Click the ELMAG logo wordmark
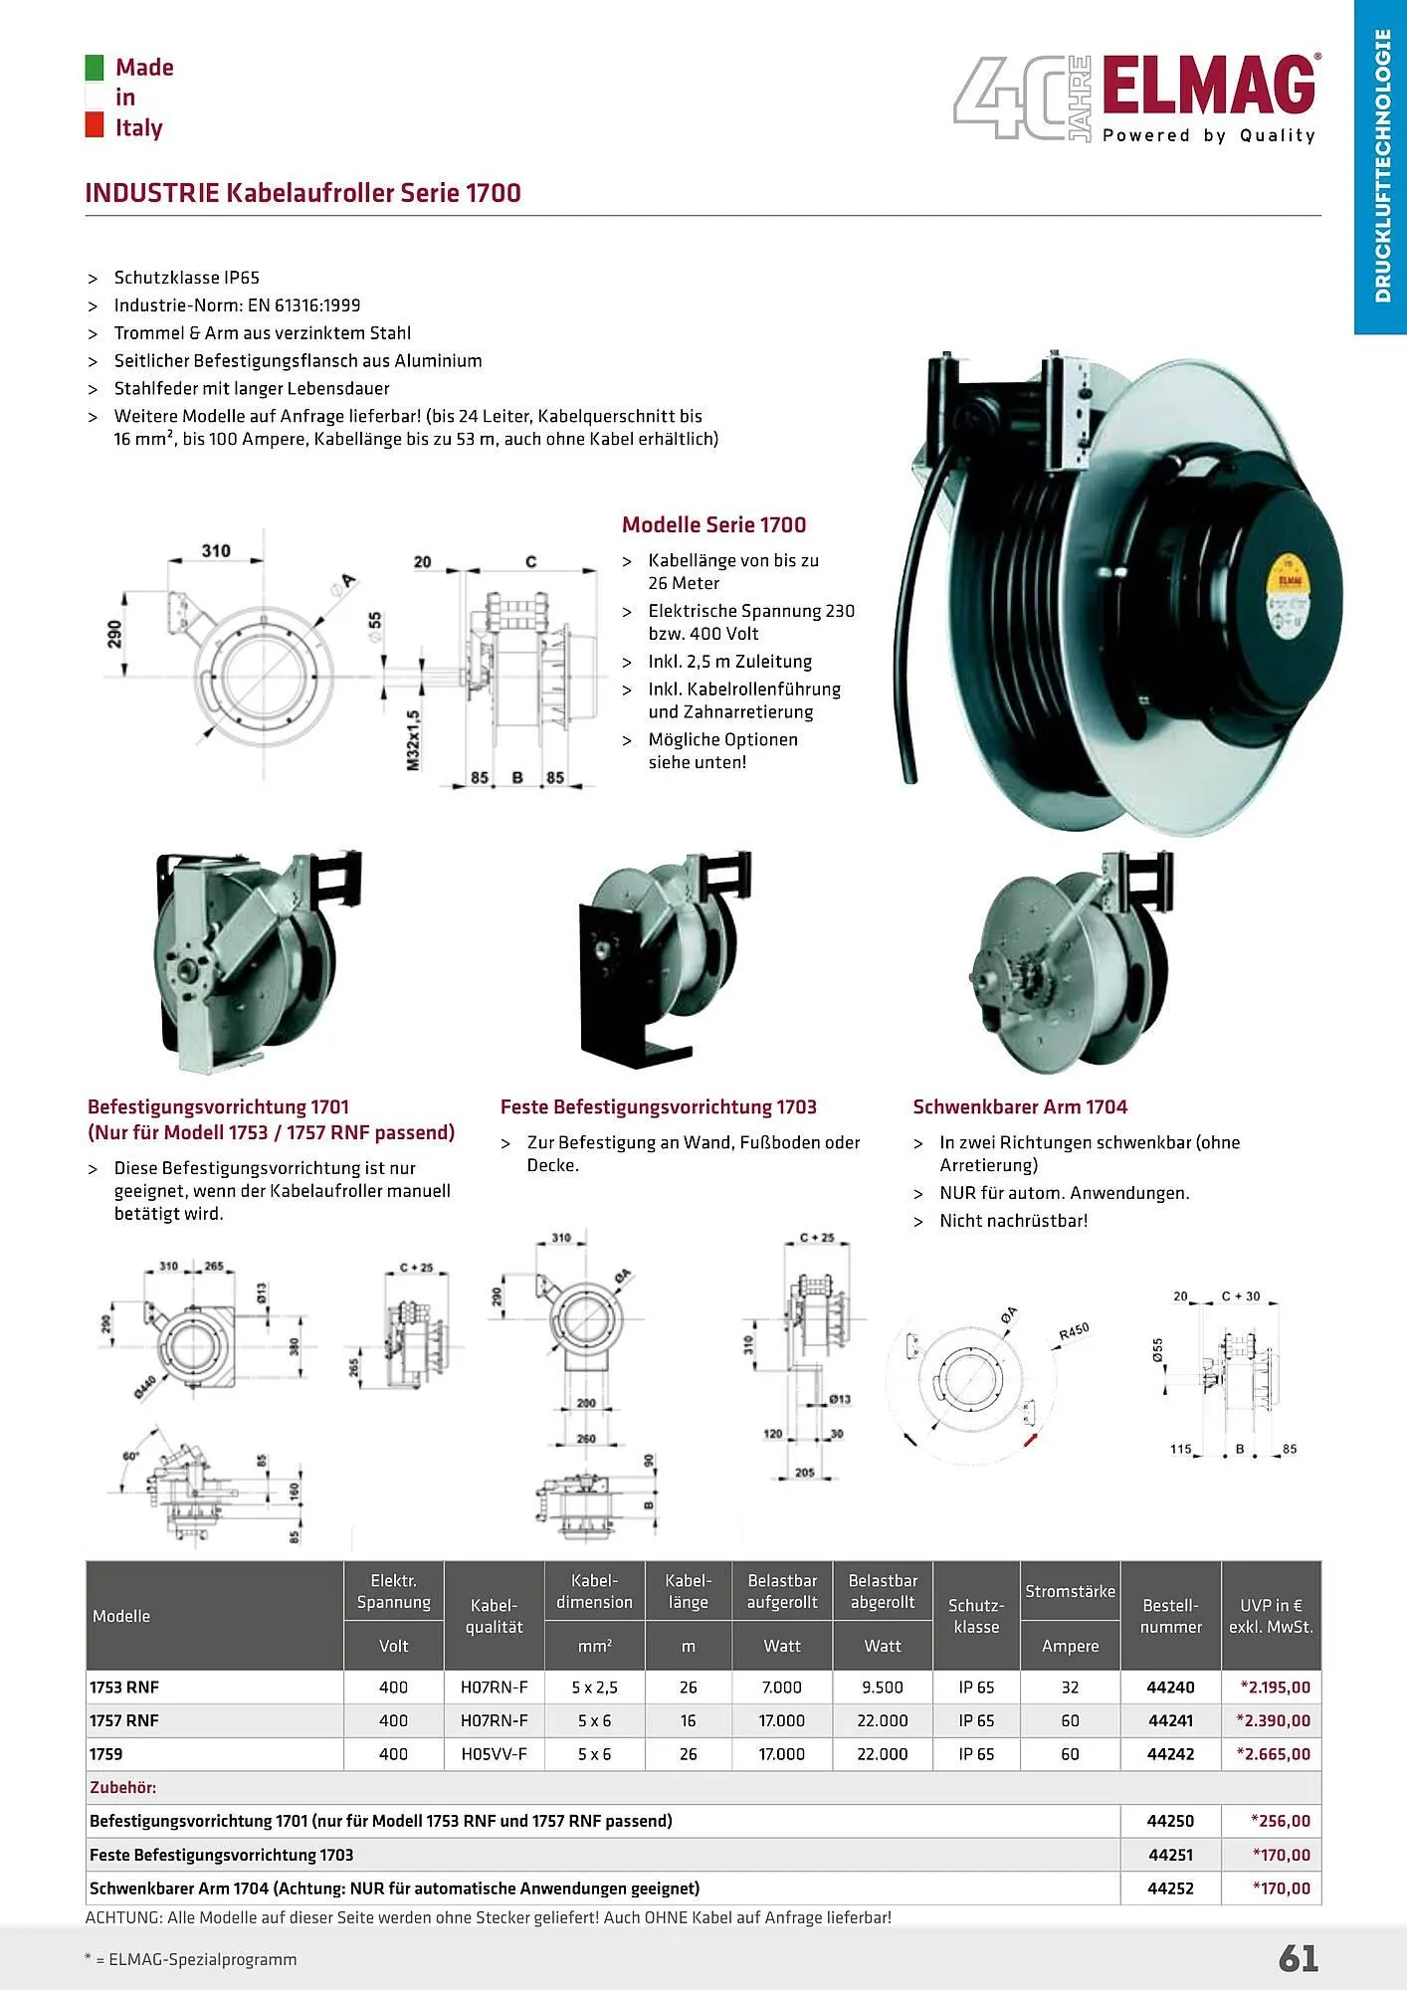click(1208, 87)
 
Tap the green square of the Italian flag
click(95, 67)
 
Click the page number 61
click(1298, 1958)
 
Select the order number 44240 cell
click(1170, 1687)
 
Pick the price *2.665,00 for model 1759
click(1275, 1753)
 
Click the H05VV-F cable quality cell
click(494, 1753)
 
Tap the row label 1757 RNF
click(124, 1720)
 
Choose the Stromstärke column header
click(1070, 1591)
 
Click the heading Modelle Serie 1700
click(713, 524)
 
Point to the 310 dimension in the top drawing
click(216, 550)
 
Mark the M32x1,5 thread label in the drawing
click(413, 739)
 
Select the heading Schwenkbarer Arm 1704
click(1020, 1106)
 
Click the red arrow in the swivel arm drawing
click(1031, 1440)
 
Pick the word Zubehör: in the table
click(123, 1787)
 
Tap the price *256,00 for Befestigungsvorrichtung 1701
click(1280, 1821)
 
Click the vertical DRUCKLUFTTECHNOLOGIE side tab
click(1381, 165)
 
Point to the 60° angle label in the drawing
click(130, 1456)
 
